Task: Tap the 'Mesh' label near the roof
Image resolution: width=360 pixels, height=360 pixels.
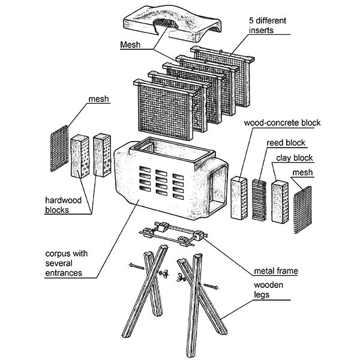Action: (x=130, y=45)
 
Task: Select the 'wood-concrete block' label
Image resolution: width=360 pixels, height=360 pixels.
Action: (x=282, y=123)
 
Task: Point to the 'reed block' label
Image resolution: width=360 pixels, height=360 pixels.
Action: (x=286, y=143)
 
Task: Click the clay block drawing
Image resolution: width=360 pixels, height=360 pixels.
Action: (x=280, y=200)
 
